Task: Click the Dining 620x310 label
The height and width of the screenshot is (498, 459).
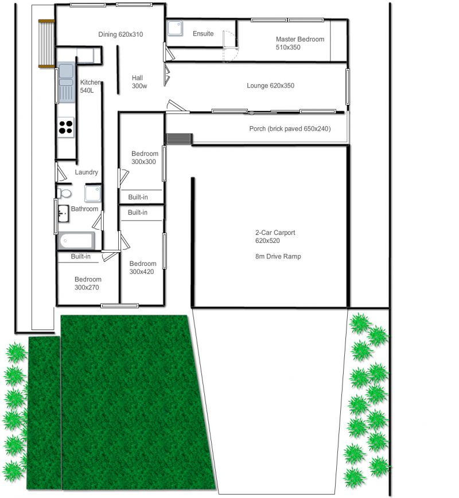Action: click(x=120, y=34)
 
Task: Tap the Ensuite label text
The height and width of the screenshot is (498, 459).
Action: click(x=203, y=34)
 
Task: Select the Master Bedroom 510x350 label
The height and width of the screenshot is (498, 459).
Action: click(x=300, y=43)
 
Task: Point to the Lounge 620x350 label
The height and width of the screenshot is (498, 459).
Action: click(x=270, y=85)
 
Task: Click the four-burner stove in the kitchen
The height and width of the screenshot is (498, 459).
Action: click(x=66, y=127)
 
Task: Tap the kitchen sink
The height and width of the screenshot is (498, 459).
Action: click(x=66, y=82)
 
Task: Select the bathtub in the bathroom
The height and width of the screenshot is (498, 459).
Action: click(x=76, y=241)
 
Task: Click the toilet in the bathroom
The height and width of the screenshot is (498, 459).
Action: click(x=64, y=193)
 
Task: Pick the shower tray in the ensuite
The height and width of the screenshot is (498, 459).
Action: click(x=175, y=28)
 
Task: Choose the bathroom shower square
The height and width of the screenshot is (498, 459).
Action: click(x=93, y=194)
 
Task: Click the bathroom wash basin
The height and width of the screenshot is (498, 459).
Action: click(x=63, y=213)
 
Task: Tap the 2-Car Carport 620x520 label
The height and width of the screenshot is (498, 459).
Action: click(x=275, y=237)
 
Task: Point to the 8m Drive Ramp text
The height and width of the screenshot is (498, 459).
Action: click(x=278, y=256)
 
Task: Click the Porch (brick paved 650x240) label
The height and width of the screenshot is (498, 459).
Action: click(x=290, y=128)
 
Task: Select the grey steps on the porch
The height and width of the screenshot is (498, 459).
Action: click(x=180, y=139)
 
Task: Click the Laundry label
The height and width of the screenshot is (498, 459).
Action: click(x=86, y=172)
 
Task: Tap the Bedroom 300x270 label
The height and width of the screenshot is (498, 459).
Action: click(x=88, y=283)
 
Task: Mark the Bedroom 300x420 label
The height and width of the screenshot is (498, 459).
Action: click(x=143, y=268)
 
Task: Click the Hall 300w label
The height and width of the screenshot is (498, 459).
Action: click(x=139, y=81)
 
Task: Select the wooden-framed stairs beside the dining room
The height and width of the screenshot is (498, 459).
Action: click(x=46, y=44)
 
